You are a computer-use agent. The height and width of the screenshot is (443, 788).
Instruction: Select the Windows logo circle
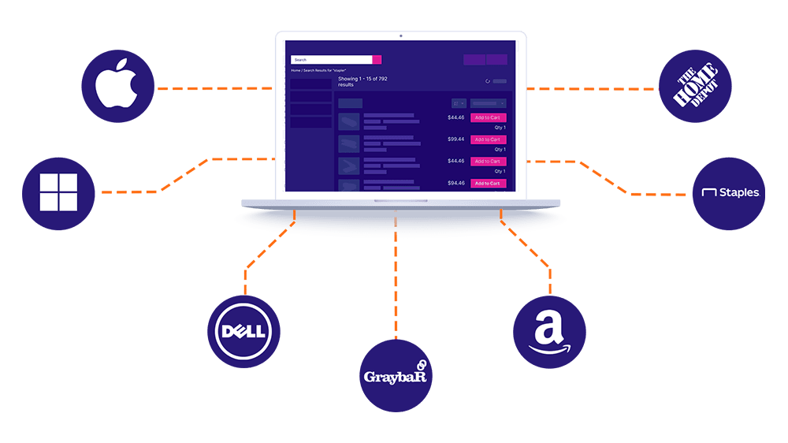(59, 192)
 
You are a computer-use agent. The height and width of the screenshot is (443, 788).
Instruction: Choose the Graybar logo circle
(396, 375)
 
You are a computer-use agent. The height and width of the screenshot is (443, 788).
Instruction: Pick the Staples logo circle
(729, 193)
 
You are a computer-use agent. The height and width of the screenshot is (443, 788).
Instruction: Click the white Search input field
(331, 59)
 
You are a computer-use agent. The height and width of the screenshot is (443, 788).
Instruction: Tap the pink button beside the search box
(377, 59)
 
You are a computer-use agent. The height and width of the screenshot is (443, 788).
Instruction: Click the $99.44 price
(455, 140)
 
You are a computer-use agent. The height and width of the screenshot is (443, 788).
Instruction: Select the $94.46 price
(455, 183)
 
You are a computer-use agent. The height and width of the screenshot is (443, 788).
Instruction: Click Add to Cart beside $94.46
(488, 183)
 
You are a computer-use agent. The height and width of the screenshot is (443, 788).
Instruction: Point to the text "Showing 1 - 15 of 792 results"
(362, 81)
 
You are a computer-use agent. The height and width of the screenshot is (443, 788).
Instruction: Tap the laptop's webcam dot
(400, 35)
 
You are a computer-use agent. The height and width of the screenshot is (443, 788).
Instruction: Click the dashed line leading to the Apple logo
(213, 87)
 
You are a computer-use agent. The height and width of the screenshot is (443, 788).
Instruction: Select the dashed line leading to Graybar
(396, 284)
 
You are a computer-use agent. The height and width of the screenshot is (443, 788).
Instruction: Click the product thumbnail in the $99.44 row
(349, 143)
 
